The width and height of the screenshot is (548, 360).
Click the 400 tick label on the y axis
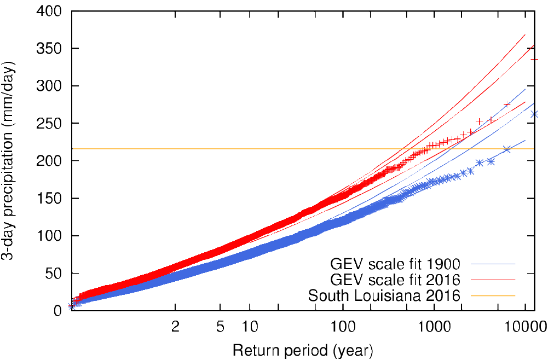click(x=49, y=11)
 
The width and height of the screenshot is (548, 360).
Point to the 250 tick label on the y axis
click(x=49, y=124)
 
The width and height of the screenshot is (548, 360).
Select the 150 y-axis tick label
click(x=49, y=199)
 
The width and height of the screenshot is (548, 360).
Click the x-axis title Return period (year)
click(x=303, y=349)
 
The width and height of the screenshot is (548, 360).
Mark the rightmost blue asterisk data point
click(x=535, y=114)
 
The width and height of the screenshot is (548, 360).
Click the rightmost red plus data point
click(x=535, y=59)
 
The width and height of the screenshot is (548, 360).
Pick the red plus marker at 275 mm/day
click(x=507, y=104)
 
